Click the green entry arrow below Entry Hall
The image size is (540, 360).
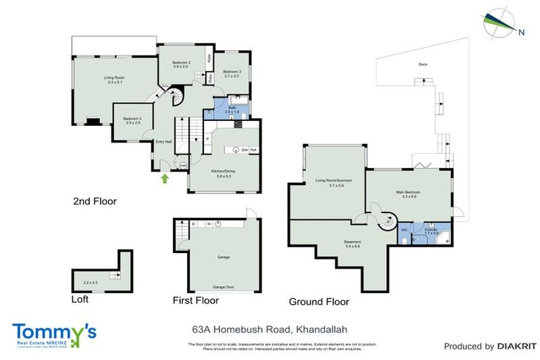point(165,179)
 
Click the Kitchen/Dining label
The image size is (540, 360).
point(223,172)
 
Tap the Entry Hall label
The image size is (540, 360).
point(163,141)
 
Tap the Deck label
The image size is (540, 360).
point(423,65)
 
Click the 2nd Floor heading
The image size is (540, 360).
point(94,201)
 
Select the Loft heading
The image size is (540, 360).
point(81,299)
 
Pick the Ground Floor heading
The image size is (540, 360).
point(319,302)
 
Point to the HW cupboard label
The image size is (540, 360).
point(183,165)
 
